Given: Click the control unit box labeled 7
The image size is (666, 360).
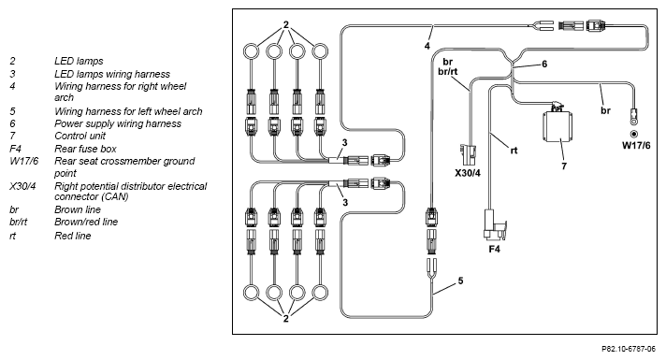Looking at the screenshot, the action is pyautogui.click(x=557, y=126).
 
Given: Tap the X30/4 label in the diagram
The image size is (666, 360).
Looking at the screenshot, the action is pyautogui.click(x=467, y=173).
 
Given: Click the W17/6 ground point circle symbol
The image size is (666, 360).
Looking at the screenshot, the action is pyautogui.click(x=634, y=134).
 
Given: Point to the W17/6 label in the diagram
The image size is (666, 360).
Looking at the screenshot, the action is pyautogui.click(x=636, y=146).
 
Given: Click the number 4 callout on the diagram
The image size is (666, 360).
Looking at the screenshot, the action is pyautogui.click(x=427, y=46).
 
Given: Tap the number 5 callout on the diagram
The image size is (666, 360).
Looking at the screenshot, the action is pyautogui.click(x=460, y=281).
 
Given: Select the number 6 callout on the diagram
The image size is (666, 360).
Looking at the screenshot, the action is pyautogui.click(x=544, y=65).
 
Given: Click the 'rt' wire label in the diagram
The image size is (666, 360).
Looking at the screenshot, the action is pyautogui.click(x=514, y=151).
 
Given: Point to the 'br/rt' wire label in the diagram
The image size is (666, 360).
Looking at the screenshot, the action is pyautogui.click(x=448, y=72).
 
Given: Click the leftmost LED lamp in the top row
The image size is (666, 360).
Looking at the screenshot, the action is pyautogui.click(x=251, y=51).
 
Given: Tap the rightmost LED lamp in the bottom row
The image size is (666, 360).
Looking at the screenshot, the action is pyautogui.click(x=320, y=293).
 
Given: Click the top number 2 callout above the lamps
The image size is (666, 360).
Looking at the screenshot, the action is pyautogui.click(x=286, y=24).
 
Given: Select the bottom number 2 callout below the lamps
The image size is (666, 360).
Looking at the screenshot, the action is pyautogui.click(x=286, y=319).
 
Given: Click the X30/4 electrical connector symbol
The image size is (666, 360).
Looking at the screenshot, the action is pyautogui.click(x=468, y=156).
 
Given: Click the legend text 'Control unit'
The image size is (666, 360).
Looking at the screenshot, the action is pyautogui.click(x=80, y=136).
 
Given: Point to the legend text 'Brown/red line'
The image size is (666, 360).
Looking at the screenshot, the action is pyautogui.click(x=86, y=222).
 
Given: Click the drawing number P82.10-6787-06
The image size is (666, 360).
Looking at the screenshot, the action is pyautogui.click(x=629, y=349).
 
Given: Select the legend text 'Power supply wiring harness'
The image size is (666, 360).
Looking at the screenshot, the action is pyautogui.click(x=118, y=123).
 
